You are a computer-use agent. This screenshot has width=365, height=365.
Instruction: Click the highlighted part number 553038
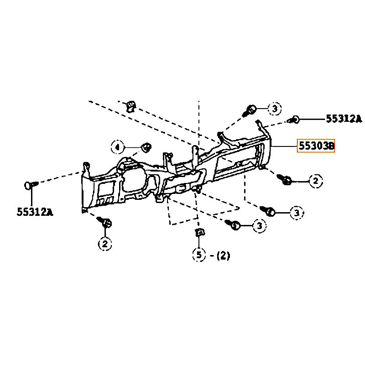(316, 146)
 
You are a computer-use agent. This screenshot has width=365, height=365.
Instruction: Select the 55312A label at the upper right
(344, 119)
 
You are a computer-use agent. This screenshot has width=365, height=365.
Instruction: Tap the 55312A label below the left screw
(35, 212)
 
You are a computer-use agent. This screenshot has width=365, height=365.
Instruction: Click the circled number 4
(118, 147)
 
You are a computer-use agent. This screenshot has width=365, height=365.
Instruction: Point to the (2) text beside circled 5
(223, 255)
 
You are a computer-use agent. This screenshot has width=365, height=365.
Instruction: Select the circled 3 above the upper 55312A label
(275, 109)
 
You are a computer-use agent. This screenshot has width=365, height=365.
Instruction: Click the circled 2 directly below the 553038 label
(316, 181)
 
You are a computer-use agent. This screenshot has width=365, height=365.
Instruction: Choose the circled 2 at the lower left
(105, 244)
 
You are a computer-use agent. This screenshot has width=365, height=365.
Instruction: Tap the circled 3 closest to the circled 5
(259, 225)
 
